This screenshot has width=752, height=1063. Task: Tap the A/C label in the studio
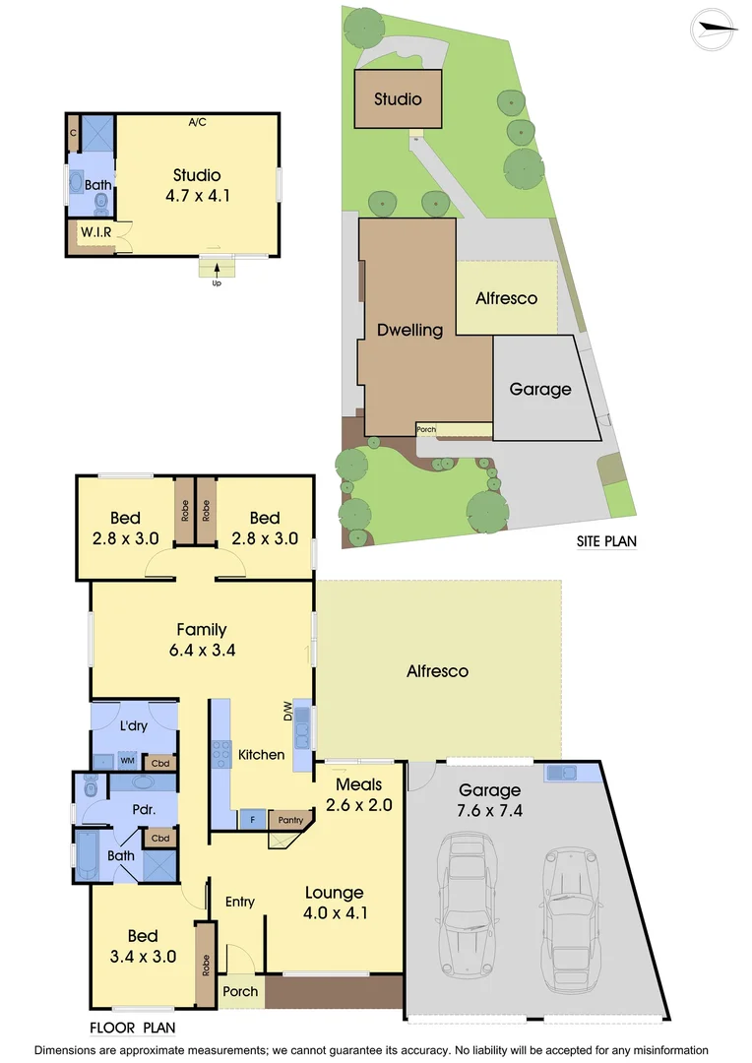click(198, 122)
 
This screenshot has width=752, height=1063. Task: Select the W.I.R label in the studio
click(94, 232)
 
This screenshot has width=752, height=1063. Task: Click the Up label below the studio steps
click(217, 283)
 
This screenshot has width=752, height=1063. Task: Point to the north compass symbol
click(714, 29)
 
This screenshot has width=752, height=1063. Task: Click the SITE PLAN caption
click(606, 541)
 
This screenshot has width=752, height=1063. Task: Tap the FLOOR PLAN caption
click(132, 1029)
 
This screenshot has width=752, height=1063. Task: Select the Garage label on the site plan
click(539, 389)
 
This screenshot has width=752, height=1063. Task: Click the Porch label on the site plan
click(426, 429)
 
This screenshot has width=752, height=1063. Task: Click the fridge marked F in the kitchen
click(252, 819)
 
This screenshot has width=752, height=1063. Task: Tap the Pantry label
click(289, 819)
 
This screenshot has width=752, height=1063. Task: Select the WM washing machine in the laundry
click(127, 760)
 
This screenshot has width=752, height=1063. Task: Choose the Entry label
click(240, 902)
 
